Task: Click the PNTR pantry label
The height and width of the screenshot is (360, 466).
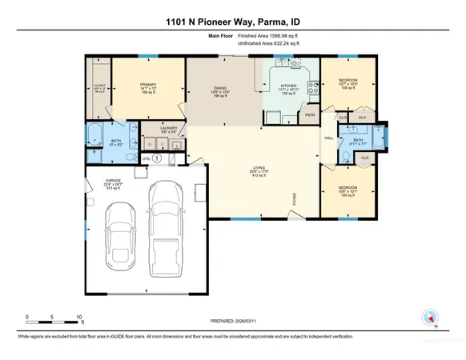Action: pyautogui.click(x=310, y=115)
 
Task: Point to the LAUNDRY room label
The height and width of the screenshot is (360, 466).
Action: pyautogui.click(x=168, y=127)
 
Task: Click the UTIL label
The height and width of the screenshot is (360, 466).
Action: pyautogui.click(x=147, y=158)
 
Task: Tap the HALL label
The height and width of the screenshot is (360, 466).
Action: pyautogui.click(x=327, y=138)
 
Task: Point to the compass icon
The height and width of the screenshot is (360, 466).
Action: pyautogui.click(x=433, y=318)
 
